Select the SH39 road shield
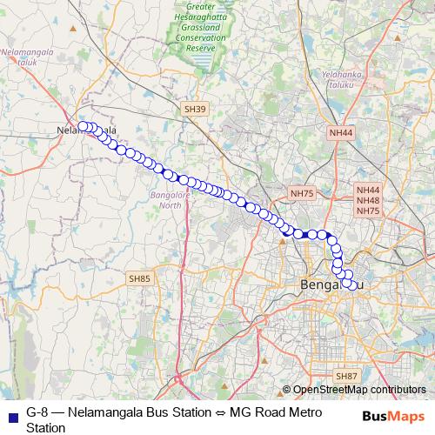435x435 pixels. [x=196, y=110]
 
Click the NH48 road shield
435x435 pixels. [x=368, y=200]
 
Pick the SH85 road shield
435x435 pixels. [x=139, y=278]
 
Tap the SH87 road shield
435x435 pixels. [x=346, y=376]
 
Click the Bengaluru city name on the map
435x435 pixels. [x=328, y=284]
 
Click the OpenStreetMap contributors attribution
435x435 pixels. [x=359, y=389]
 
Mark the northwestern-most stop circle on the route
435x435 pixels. [x=83, y=126]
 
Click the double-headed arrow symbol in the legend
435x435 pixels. [x=221, y=412]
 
